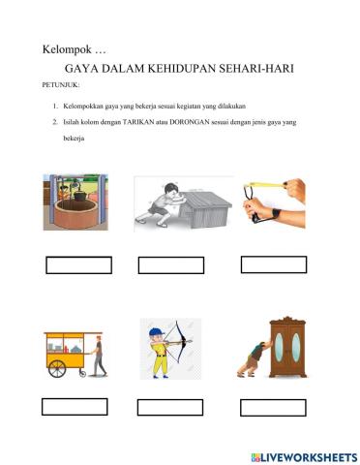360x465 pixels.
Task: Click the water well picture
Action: [75, 202]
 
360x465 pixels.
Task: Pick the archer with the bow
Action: [165, 348]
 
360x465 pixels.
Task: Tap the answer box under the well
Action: [79, 264]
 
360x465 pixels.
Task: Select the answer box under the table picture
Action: [171, 264]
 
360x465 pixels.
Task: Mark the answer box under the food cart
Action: [75, 407]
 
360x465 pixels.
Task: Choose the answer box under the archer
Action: [169, 408]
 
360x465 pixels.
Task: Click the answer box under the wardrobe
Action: [270, 408]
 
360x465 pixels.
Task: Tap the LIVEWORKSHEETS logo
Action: [302, 455]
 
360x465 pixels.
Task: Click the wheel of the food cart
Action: [58, 369]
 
